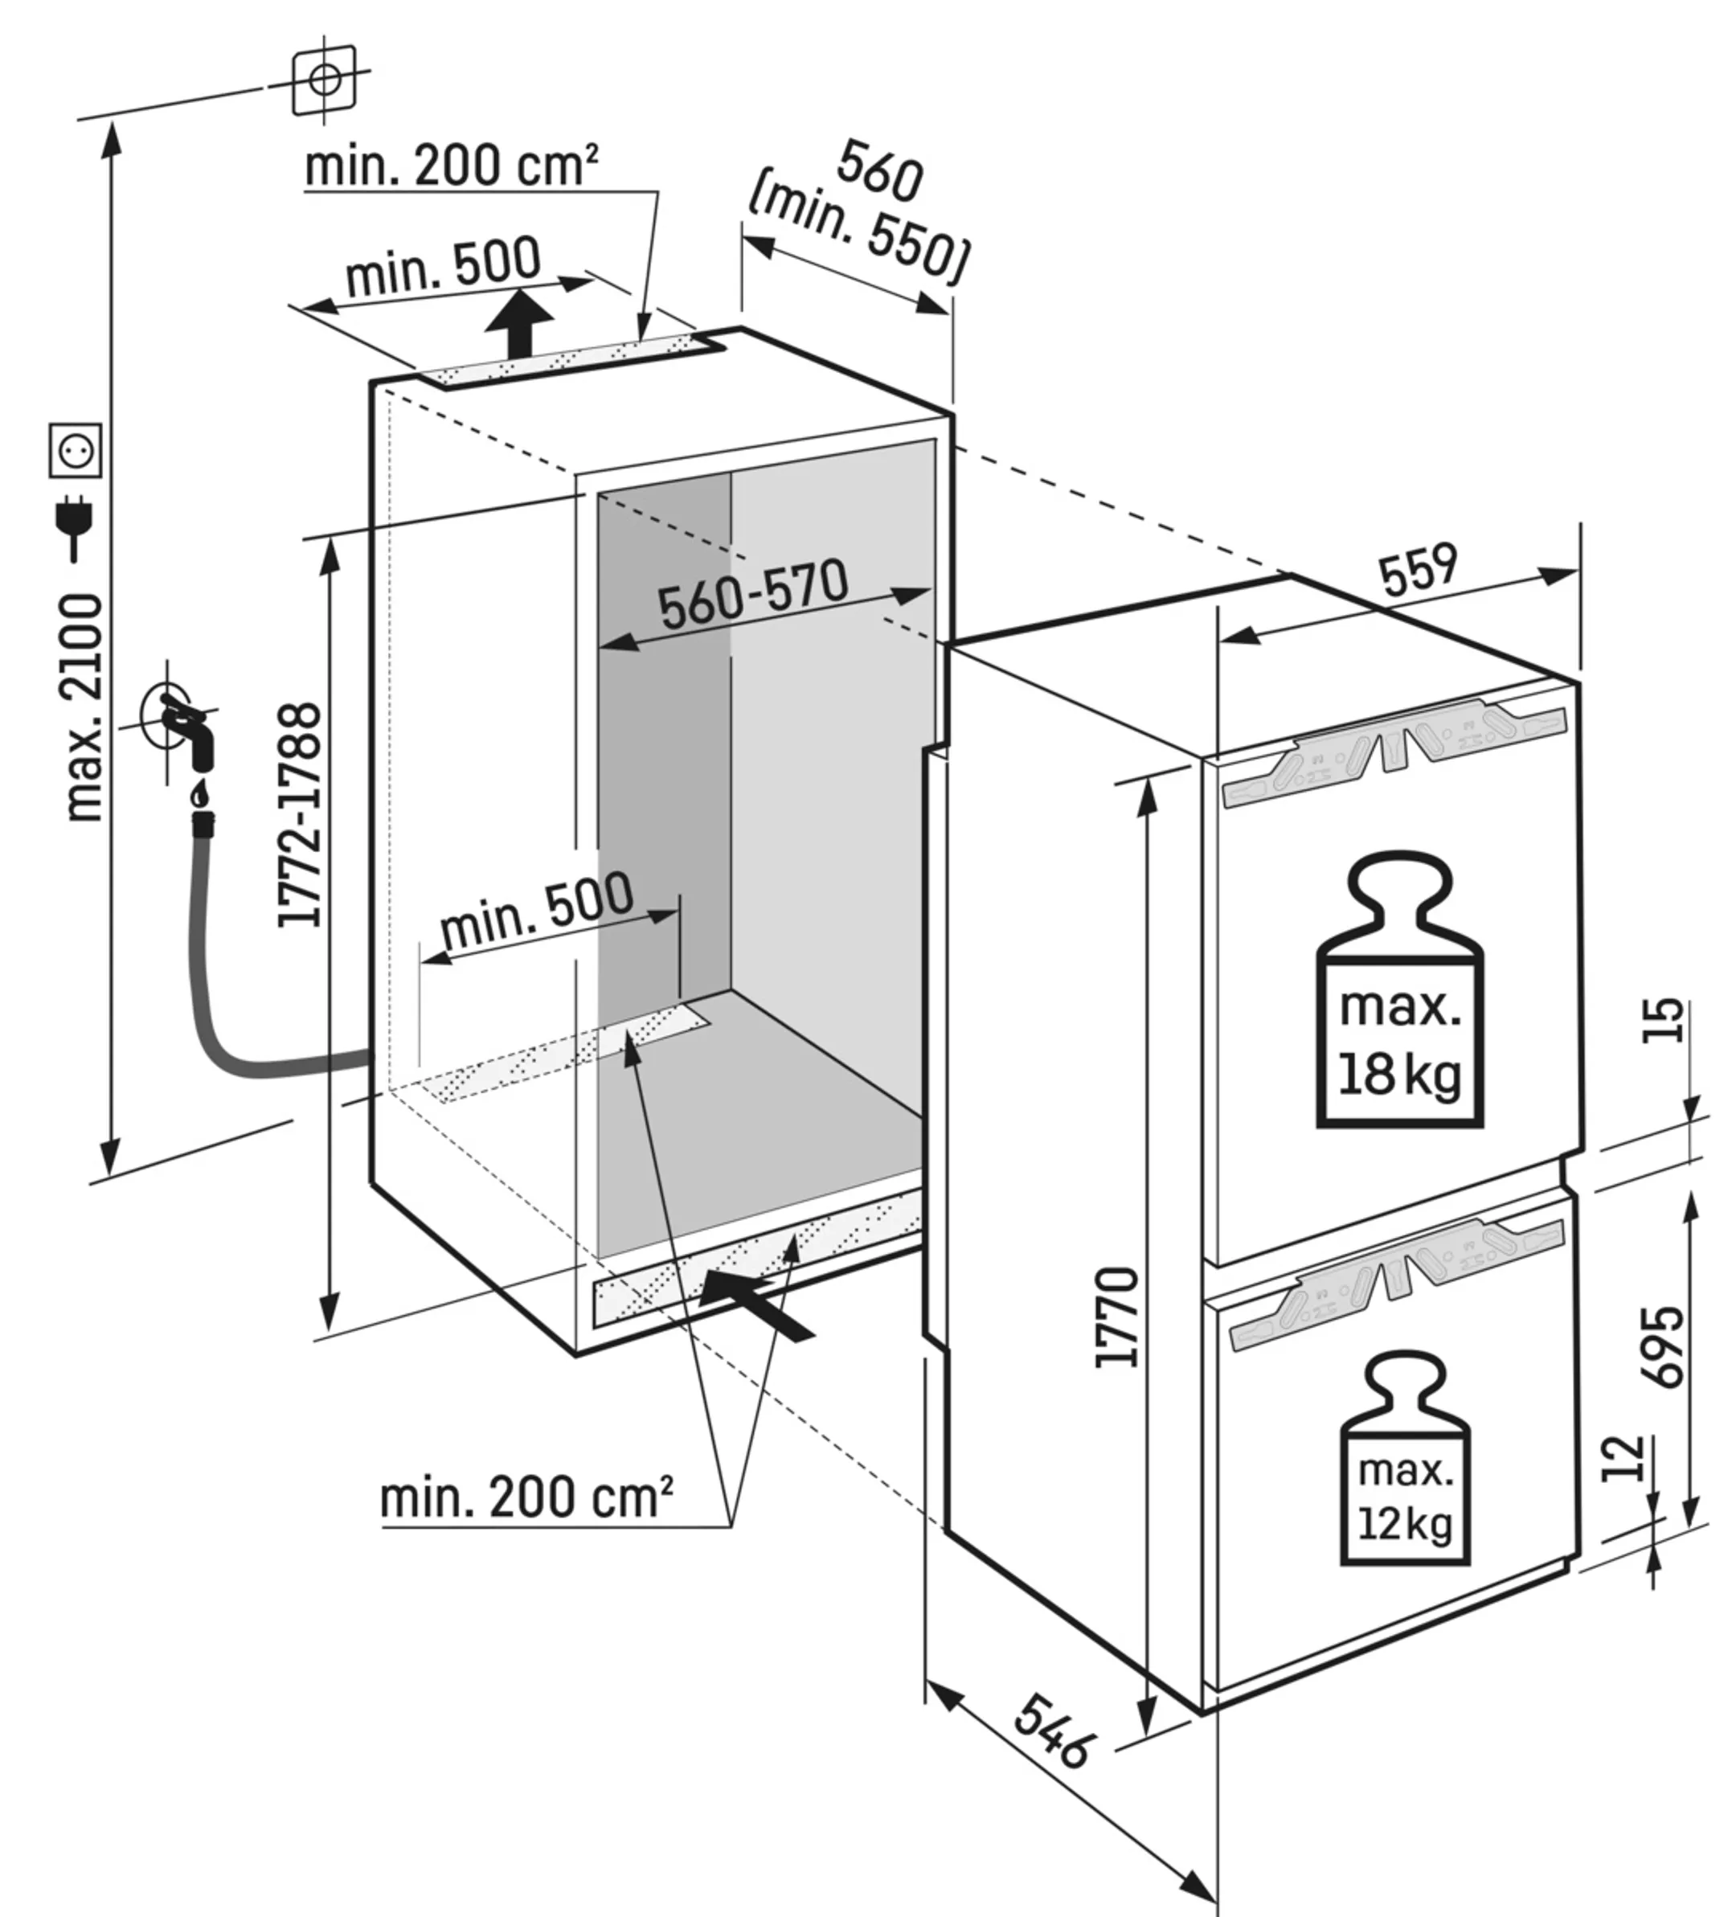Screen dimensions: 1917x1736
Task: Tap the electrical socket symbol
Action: pyautogui.click(x=75, y=450)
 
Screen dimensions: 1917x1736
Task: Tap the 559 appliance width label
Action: pyautogui.click(x=1418, y=568)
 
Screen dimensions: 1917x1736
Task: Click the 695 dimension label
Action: pyautogui.click(x=1661, y=1346)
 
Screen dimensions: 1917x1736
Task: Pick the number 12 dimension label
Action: pyautogui.click(x=1623, y=1459)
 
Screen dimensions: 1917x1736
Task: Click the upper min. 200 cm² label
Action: pyautogui.click(x=451, y=166)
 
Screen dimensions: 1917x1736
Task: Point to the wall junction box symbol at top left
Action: pyautogui.click(x=324, y=79)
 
